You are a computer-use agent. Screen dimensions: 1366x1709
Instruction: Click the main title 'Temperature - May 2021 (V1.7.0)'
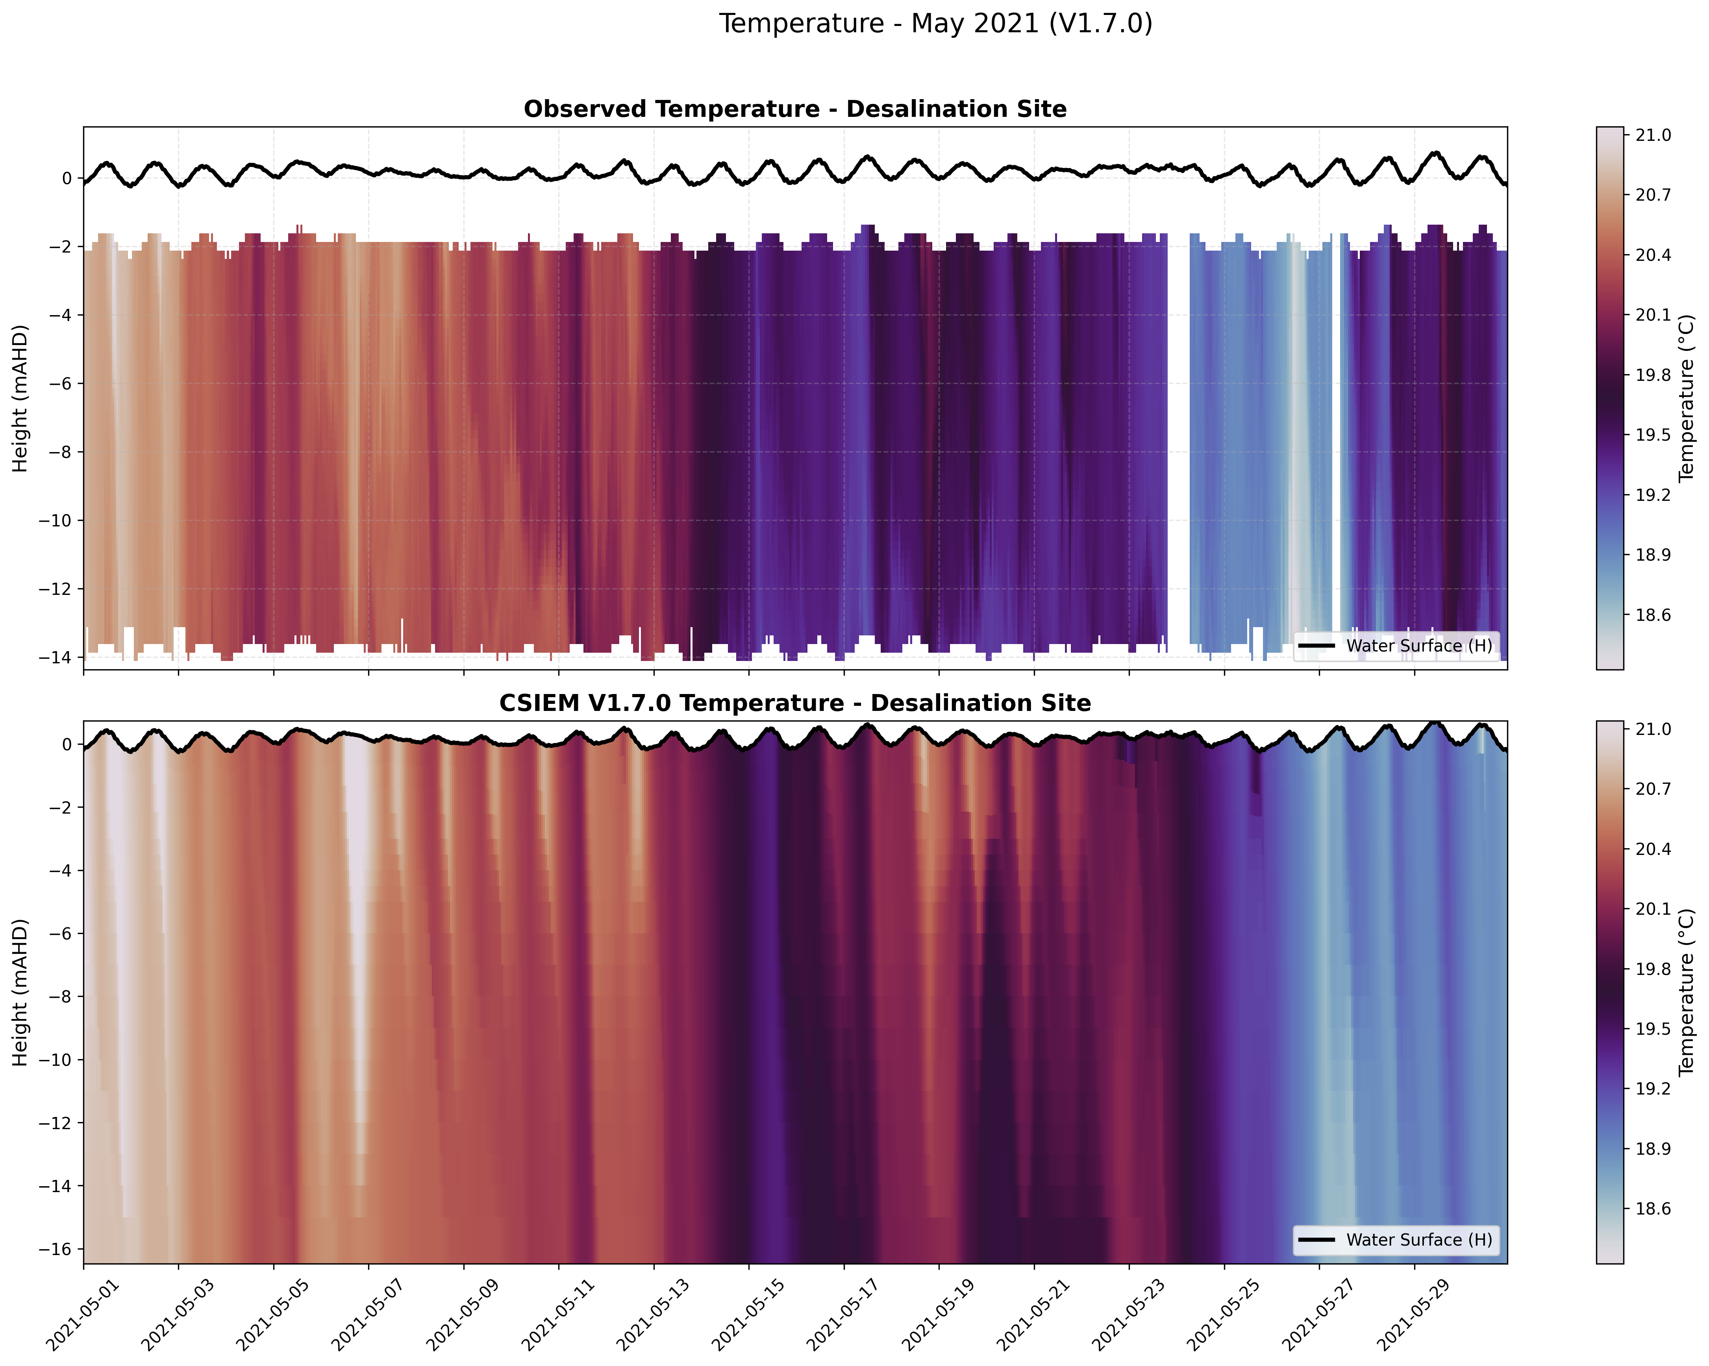coord(935,24)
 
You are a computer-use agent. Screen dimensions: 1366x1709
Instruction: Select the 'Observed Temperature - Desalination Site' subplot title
coord(795,109)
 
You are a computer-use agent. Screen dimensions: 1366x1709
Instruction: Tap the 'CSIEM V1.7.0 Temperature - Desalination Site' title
coord(795,703)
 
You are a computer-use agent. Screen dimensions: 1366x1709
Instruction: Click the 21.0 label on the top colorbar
coord(1653,135)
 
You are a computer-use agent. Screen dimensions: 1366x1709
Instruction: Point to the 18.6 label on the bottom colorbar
coord(1653,1209)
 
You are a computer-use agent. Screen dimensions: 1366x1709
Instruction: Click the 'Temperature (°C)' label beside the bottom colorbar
coord(1687,992)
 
